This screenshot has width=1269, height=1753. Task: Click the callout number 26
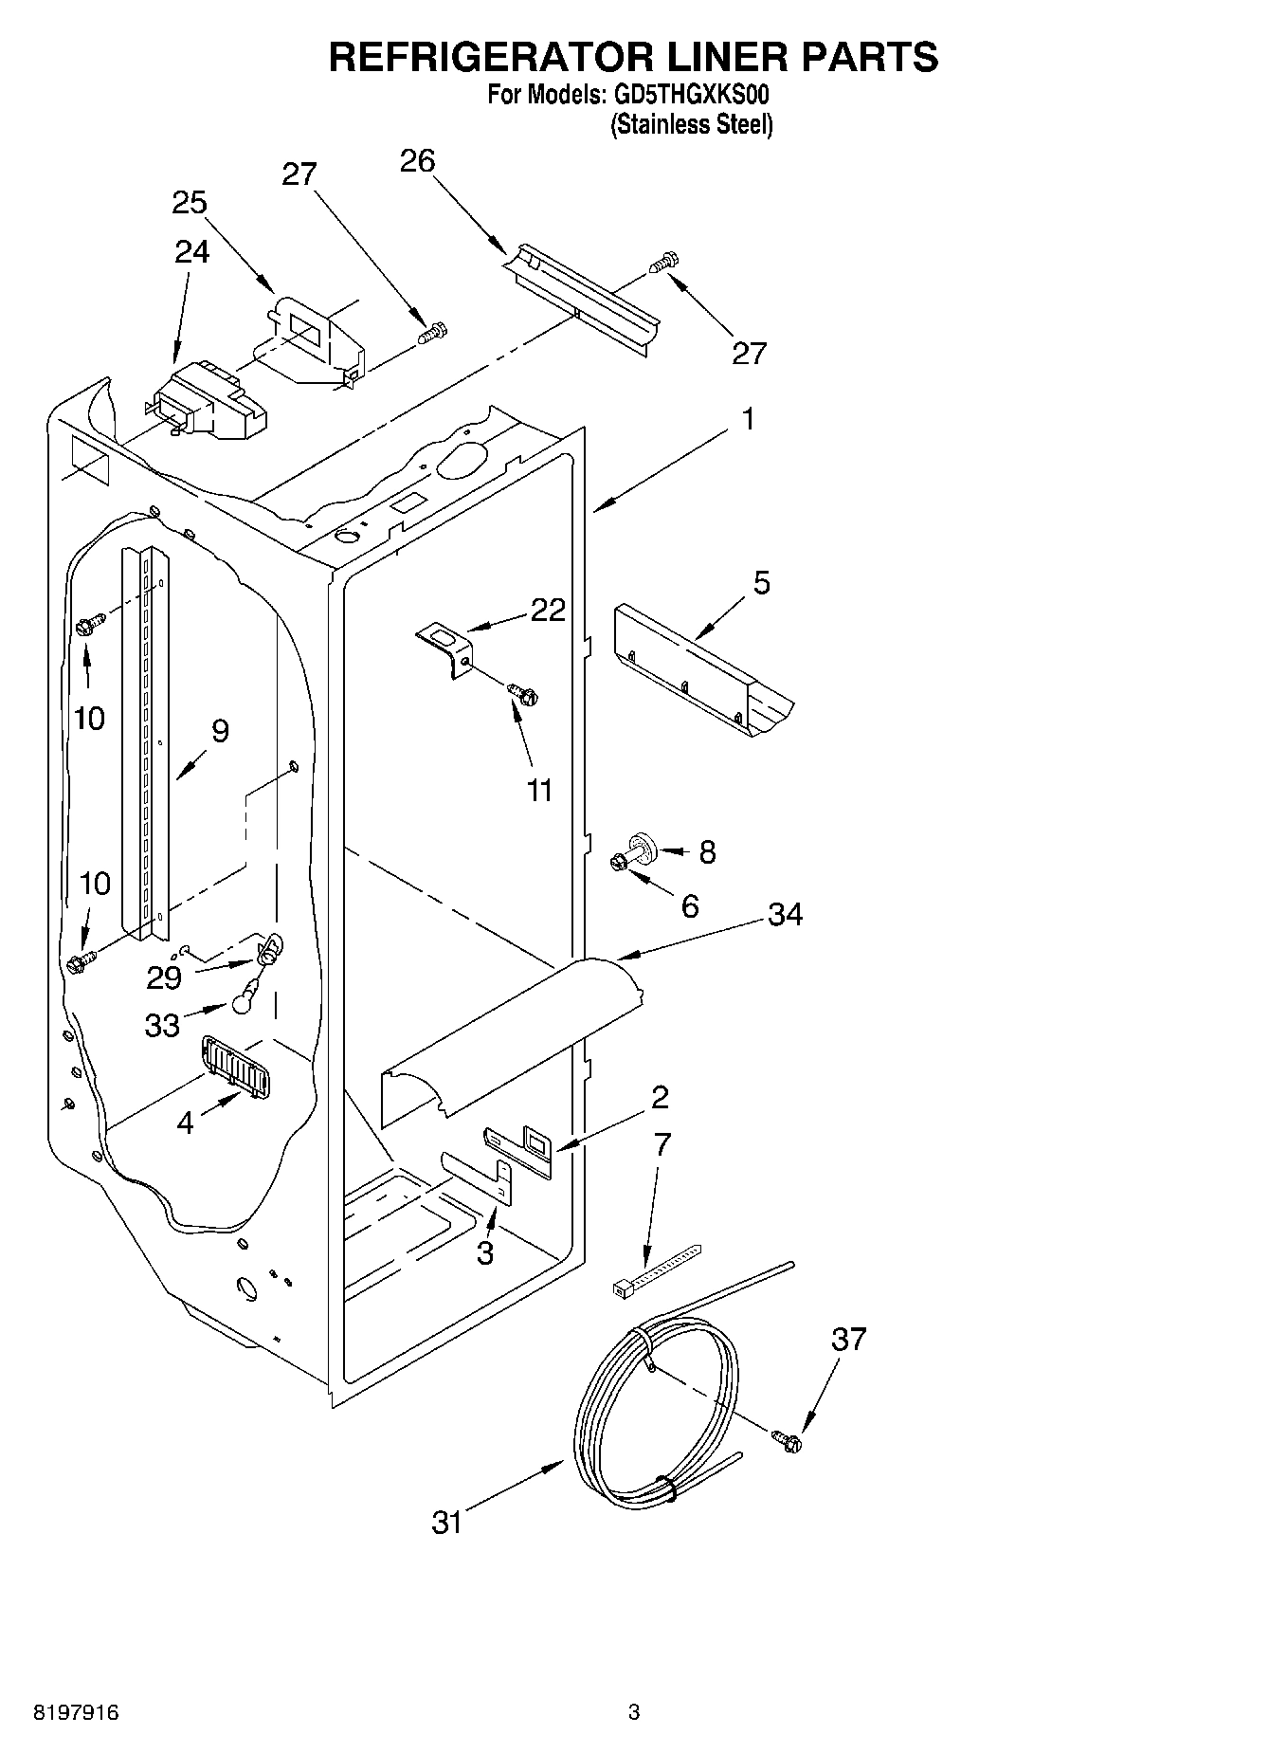click(x=417, y=161)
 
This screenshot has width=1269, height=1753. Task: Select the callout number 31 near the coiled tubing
click(x=446, y=1523)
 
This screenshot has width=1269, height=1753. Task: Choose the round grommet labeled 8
click(x=644, y=844)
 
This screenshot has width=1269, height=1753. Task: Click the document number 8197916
click(x=76, y=1713)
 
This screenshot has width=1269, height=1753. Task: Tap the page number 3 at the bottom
click(x=633, y=1713)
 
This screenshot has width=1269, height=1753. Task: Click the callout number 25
click(x=190, y=203)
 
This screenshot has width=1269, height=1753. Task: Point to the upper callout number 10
click(x=89, y=718)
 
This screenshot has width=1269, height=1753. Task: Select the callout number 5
click(x=761, y=582)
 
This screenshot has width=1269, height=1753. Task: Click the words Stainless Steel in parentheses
click(x=692, y=124)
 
